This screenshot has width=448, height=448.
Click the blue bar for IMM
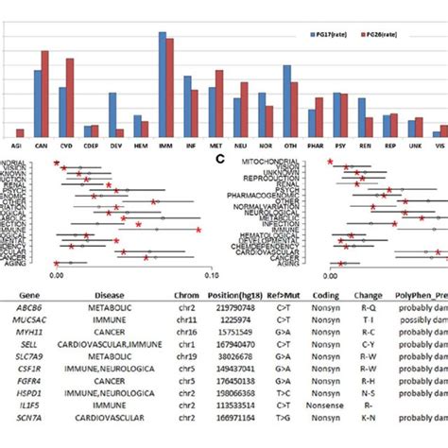[x=163, y=85]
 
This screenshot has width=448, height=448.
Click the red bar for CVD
[x=69, y=97]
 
